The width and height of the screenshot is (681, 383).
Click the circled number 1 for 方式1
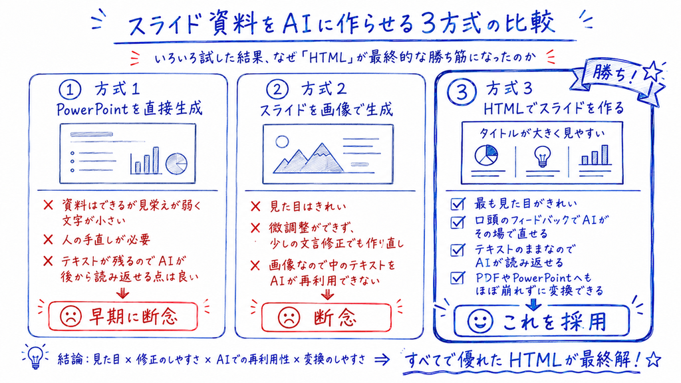tap(70, 90)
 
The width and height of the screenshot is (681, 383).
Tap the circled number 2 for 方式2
tap(277, 90)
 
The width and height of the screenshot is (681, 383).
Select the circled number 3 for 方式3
tap(462, 92)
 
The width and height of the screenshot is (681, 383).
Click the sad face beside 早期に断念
tap(70, 317)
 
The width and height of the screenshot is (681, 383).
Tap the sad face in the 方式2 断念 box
tap(289, 317)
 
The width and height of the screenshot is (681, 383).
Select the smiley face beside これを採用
tap(480, 321)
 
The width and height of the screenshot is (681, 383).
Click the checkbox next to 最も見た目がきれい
tap(458, 203)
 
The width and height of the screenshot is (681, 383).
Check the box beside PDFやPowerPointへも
tap(458, 278)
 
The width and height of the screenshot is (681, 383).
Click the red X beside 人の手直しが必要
tap(48, 239)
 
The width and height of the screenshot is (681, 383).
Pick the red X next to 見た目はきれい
tap(256, 206)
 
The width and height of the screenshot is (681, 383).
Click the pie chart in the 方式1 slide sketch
tap(176, 164)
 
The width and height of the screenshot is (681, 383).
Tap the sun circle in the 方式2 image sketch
tap(282, 142)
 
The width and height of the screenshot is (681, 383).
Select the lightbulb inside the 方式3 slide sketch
tap(542, 156)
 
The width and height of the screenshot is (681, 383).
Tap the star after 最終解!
tap(654, 360)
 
